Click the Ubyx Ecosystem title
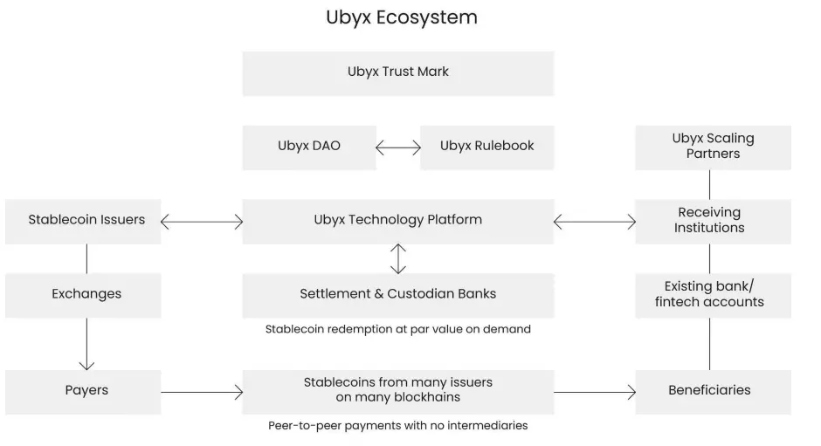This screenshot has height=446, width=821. point(401,17)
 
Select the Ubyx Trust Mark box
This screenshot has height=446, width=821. point(397,72)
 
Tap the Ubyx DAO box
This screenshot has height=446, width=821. point(308,148)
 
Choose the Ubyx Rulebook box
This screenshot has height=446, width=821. point(486,148)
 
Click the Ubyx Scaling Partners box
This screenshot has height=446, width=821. point(713,147)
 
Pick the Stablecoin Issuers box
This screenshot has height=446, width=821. point(86,221)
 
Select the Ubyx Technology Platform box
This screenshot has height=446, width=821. point(397,221)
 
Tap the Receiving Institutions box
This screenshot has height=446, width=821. point(713,221)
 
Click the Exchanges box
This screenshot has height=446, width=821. point(86,295)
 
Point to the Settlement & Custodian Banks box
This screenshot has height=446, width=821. point(397,295)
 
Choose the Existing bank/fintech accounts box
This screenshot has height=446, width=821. point(713,295)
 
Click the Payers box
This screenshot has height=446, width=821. point(86,391)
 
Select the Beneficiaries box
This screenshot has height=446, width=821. point(713,391)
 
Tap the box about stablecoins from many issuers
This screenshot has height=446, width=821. point(397,391)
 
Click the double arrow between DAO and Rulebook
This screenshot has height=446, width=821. point(397,148)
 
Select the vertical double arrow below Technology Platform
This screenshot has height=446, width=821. point(397,258)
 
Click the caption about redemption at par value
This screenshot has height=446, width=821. point(397,330)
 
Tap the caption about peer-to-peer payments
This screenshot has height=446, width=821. point(397,426)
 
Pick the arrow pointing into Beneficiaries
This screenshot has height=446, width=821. point(594,392)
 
